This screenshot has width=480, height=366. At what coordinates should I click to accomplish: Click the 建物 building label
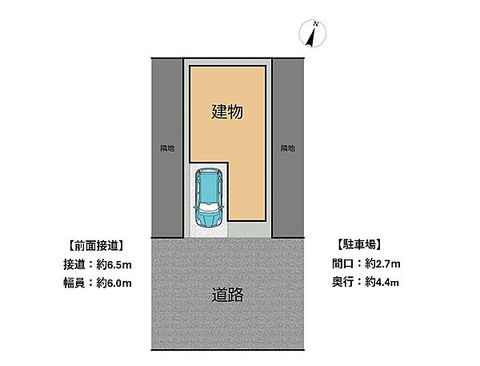(227, 113)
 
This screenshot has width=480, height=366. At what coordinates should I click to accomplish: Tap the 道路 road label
(227, 295)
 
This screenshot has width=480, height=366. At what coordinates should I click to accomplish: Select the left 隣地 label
(166, 148)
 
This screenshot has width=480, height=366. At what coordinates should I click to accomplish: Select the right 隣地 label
(288, 148)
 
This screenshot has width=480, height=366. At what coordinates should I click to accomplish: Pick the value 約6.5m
(112, 263)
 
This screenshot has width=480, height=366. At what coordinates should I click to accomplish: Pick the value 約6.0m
(112, 282)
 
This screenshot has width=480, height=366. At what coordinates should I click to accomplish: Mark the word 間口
(343, 263)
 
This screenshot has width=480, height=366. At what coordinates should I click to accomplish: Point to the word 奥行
(343, 282)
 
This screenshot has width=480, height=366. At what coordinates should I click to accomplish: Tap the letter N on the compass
(315, 26)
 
